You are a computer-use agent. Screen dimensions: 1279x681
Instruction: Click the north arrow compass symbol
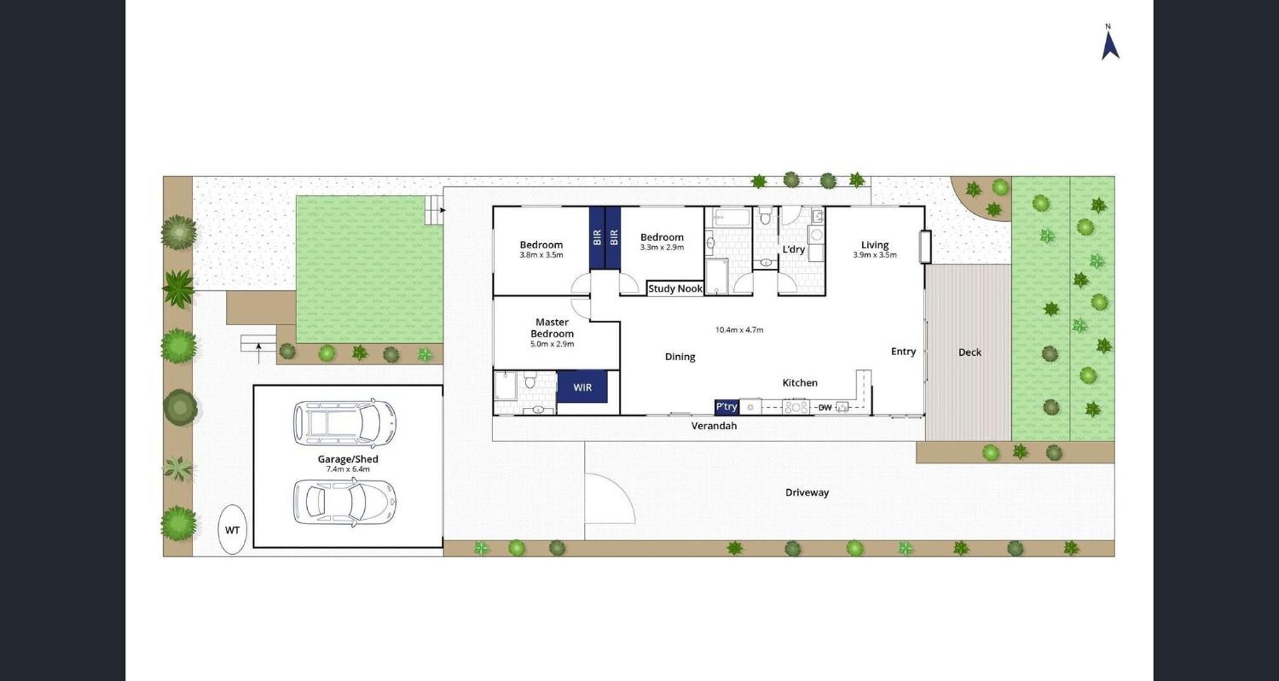tap(1110, 44)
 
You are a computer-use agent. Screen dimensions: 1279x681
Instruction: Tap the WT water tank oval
tap(232, 529)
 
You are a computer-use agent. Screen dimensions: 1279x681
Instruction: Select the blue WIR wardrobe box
tap(582, 387)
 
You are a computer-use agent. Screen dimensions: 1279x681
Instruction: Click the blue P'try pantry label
tap(727, 407)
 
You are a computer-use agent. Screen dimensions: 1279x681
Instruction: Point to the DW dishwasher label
tap(825, 407)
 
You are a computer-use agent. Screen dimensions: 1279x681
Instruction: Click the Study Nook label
tap(675, 288)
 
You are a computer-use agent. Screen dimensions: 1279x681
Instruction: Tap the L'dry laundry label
tap(793, 249)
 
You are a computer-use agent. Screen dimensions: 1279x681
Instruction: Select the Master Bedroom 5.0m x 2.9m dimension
tap(552, 344)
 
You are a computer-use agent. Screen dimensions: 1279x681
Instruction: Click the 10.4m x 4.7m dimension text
tap(739, 330)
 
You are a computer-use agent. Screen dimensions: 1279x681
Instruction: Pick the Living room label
tap(875, 245)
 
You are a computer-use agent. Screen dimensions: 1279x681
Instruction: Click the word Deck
tap(969, 352)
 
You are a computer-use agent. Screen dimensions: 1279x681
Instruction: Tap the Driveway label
tap(807, 492)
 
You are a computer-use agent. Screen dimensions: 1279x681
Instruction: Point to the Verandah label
tap(714, 426)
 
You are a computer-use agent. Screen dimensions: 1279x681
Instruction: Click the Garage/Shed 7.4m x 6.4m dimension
tap(348, 469)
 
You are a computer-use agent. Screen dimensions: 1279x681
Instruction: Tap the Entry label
tap(903, 351)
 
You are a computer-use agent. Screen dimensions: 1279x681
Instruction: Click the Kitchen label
tap(800, 382)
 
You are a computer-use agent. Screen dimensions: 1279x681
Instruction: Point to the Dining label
tap(680, 357)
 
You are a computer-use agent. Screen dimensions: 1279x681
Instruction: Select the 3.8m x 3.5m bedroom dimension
tap(541, 255)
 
